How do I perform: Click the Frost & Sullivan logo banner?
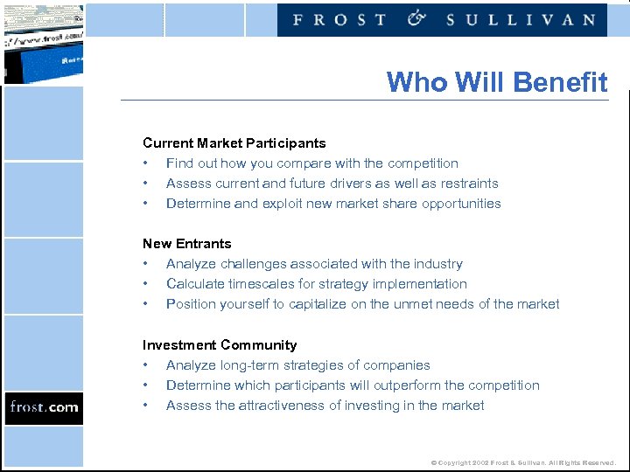point(443,19)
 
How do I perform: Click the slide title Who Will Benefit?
point(496,82)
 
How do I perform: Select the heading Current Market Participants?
point(234,143)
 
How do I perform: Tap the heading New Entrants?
point(187,244)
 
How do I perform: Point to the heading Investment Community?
point(220,345)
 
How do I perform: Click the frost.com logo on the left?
point(44,407)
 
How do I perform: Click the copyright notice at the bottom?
point(523,462)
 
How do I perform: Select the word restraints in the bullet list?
point(470,184)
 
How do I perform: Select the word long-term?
point(247,365)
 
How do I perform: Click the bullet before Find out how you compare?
point(146,163)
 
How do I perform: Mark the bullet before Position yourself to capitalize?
point(146,304)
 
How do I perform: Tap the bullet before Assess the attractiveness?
point(146,406)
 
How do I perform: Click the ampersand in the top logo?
point(416,18)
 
